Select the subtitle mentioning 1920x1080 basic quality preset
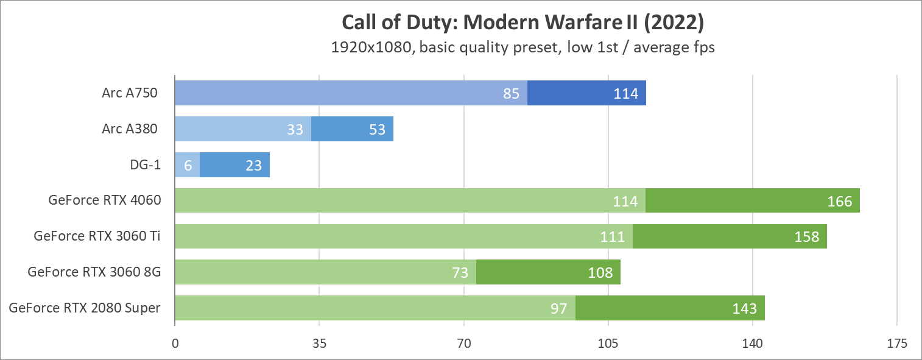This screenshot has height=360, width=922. (x=523, y=48)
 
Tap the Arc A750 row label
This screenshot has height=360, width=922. (x=130, y=93)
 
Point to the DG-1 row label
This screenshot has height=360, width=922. (x=145, y=165)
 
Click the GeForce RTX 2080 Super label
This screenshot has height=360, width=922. (x=85, y=308)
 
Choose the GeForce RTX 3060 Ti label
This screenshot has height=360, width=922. (x=97, y=236)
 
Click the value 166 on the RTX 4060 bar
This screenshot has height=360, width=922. (x=839, y=201)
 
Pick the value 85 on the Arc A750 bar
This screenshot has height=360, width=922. (x=511, y=94)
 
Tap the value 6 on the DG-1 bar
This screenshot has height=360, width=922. (x=188, y=166)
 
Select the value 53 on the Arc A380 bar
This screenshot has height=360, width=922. (x=377, y=130)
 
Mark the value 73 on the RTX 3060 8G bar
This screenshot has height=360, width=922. (x=460, y=272)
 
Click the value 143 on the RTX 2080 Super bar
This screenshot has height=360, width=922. (x=744, y=308)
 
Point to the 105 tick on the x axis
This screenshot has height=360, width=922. (x=608, y=344)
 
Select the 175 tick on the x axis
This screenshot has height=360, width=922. (x=897, y=344)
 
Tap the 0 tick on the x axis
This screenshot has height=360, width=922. (x=175, y=344)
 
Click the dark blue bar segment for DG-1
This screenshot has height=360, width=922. (x=234, y=165)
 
